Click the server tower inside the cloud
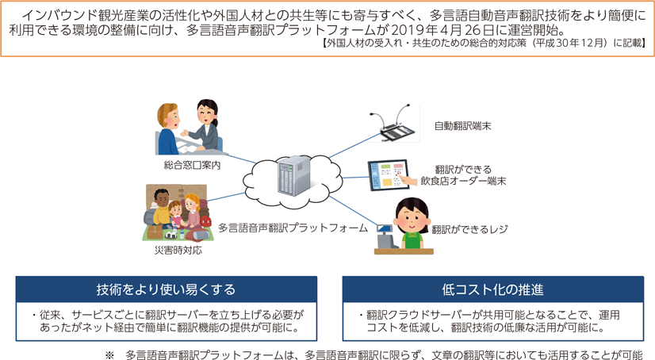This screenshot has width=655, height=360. click(294, 175)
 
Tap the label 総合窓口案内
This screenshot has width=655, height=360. click(192, 166)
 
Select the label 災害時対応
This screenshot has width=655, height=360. click(178, 250)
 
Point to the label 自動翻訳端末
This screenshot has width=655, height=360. click(462, 126)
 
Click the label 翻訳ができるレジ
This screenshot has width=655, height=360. click(469, 229)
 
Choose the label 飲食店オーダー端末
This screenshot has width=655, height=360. click(463, 182)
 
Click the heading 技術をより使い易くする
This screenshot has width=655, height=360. click(166, 289)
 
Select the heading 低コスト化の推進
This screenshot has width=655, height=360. click(492, 289)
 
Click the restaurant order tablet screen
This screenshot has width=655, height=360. click(389, 175)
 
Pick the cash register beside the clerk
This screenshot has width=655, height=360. click(385, 237)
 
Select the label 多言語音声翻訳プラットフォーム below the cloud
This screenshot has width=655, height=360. click(293, 228)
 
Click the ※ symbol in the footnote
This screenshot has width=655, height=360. click(109, 355)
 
